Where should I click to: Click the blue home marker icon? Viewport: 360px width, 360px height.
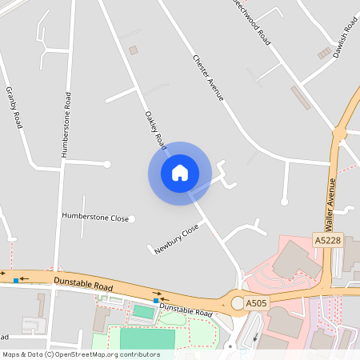pos(179,173)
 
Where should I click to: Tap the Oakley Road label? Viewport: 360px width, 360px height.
pos(154,130)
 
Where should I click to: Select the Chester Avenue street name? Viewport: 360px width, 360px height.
pos(207,78)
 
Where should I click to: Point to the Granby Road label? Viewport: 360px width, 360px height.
pos(14,107)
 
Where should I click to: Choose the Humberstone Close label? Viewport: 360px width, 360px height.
pos(95,217)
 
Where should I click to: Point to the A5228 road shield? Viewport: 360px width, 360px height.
pos(328,240)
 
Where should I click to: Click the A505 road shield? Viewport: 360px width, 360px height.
pos(256,303)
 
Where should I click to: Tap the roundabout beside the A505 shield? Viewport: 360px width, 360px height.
pos(237,303)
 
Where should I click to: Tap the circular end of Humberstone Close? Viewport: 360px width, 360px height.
pos(133,218)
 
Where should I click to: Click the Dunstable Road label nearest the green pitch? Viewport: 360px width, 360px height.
pos(185,309)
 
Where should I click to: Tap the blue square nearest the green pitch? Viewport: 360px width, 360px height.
pos(155,301)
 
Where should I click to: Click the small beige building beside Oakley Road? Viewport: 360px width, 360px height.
pos(134,50)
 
